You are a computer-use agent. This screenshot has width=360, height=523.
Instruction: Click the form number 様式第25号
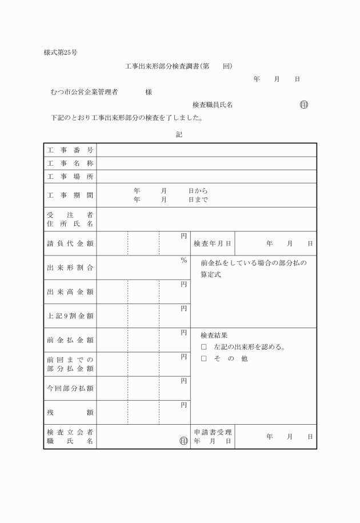[x=61, y=53]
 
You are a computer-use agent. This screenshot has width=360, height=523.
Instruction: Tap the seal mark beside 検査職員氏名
[x=303, y=105]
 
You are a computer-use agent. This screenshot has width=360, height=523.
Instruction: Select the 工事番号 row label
[x=70, y=150]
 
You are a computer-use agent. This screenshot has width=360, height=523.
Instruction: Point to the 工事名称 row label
[x=70, y=163]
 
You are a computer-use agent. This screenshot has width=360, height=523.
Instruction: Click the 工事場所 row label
[x=70, y=177]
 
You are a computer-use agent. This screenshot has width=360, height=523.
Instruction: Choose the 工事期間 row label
[x=70, y=195]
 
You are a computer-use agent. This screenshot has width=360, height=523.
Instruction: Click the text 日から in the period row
[x=198, y=191]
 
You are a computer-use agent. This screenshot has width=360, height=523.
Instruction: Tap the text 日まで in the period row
[x=198, y=200]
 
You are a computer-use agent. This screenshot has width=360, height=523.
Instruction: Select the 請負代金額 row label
[x=70, y=243]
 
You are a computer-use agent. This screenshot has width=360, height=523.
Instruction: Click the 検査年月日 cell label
[x=212, y=243]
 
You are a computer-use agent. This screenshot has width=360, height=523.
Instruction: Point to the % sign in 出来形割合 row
[x=183, y=261]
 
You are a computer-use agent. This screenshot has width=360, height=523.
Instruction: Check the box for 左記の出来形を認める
[x=203, y=347]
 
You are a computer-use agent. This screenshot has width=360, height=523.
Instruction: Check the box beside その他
[x=203, y=359]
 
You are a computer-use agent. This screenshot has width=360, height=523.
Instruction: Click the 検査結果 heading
[x=214, y=336]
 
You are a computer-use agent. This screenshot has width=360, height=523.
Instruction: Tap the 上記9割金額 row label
[x=70, y=316]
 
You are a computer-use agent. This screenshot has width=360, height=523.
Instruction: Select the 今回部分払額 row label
[x=70, y=388]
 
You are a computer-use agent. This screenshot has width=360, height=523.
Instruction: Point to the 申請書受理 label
[x=212, y=432]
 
